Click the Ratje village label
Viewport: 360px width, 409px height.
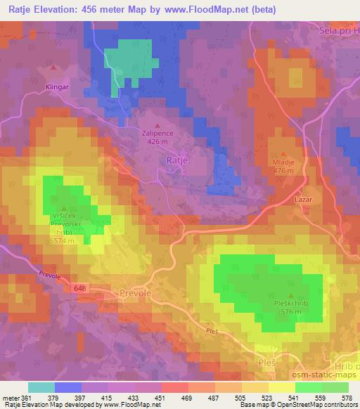[x=177, y=161]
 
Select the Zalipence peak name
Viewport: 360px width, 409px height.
[x=157, y=131]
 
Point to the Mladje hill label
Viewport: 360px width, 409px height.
[x=283, y=161]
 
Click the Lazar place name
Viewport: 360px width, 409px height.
[x=304, y=200]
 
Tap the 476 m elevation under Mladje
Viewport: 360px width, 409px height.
[x=283, y=170]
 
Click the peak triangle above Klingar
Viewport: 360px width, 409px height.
[x=54, y=68]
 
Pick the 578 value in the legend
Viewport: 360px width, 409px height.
[x=347, y=397]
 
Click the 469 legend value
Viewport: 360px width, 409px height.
[x=187, y=397]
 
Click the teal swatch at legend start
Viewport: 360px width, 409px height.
[x=41, y=387]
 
